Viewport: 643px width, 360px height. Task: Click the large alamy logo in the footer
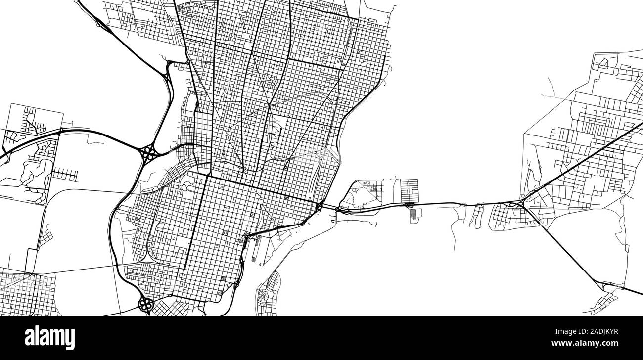pyautogui.click(x=49, y=338)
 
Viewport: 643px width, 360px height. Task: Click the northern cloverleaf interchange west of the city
pyautogui.click(x=148, y=153)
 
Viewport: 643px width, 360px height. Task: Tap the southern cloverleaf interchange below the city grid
pyautogui.click(x=145, y=304)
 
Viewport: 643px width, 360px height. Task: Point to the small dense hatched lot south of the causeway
pyautogui.click(x=414, y=214)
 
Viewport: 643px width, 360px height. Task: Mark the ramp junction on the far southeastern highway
pyautogui.click(x=607, y=285)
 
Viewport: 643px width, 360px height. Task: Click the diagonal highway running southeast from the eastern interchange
pyautogui.click(x=569, y=247)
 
